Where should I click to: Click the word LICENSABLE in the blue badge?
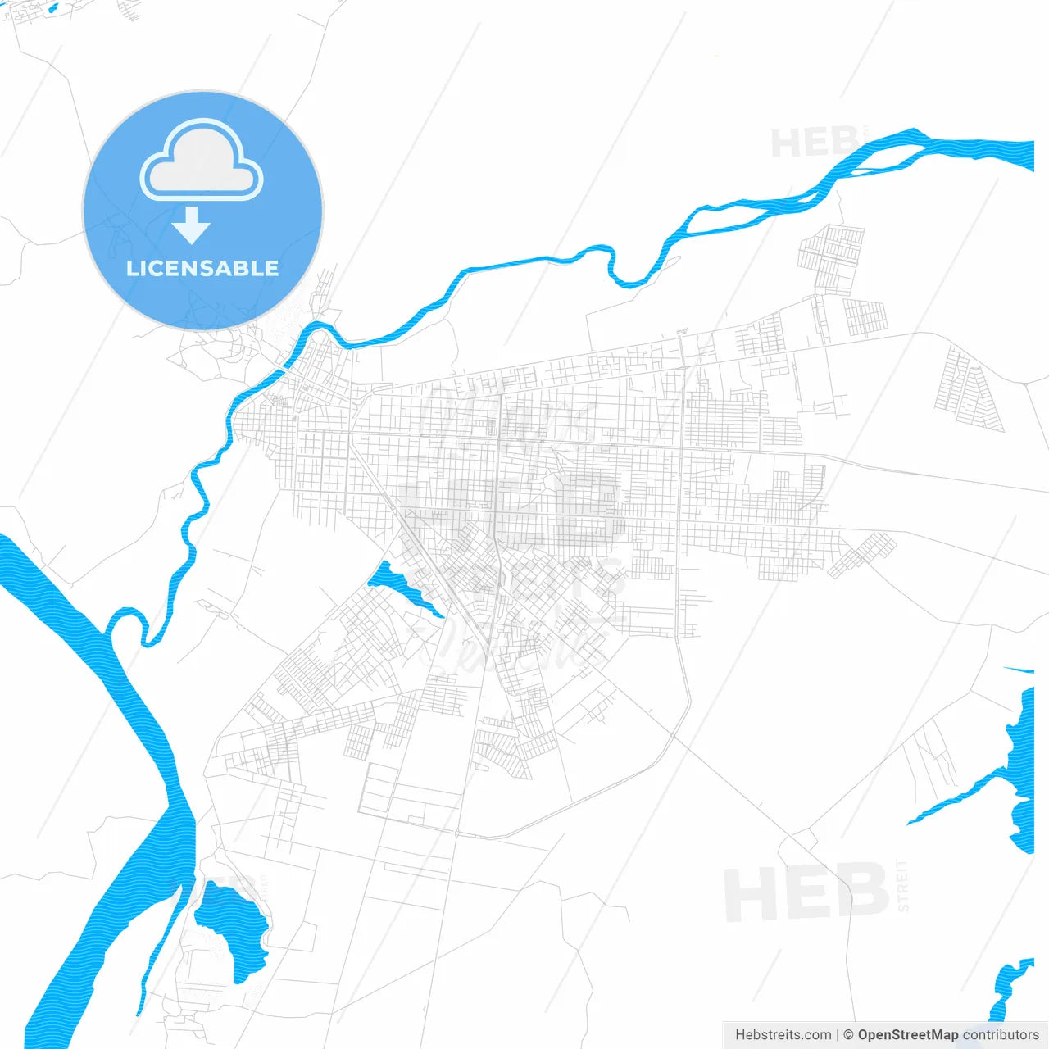tap(202, 269)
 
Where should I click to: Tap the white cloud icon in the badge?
tap(202, 161)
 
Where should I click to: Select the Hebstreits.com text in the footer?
tap(783, 1035)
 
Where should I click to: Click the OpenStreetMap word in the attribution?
tap(907, 1035)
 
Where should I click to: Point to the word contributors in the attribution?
tap(1000, 1035)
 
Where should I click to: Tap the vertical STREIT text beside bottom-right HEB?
tap(903, 885)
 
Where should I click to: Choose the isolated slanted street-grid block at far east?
tap(970, 389)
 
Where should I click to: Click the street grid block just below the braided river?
tap(831, 258)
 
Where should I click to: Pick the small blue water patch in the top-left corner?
tap(52, 9)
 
